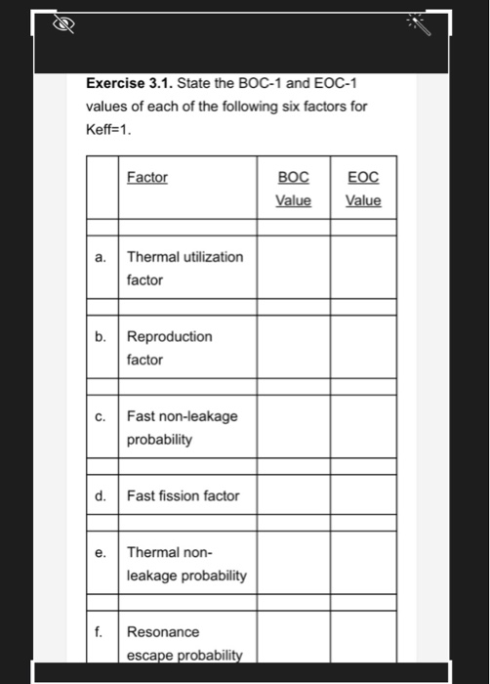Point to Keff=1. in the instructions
108,128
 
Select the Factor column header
146,177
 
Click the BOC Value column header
293,189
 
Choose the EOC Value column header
363,189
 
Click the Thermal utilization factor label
184,268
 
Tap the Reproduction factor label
169,348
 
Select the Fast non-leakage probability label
182,428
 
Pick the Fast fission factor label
183,495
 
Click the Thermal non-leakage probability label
185,564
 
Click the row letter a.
102,257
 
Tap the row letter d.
102,495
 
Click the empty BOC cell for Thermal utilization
293,268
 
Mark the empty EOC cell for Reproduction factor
363,348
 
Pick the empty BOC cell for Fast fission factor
293,495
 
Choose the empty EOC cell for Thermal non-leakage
363,564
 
